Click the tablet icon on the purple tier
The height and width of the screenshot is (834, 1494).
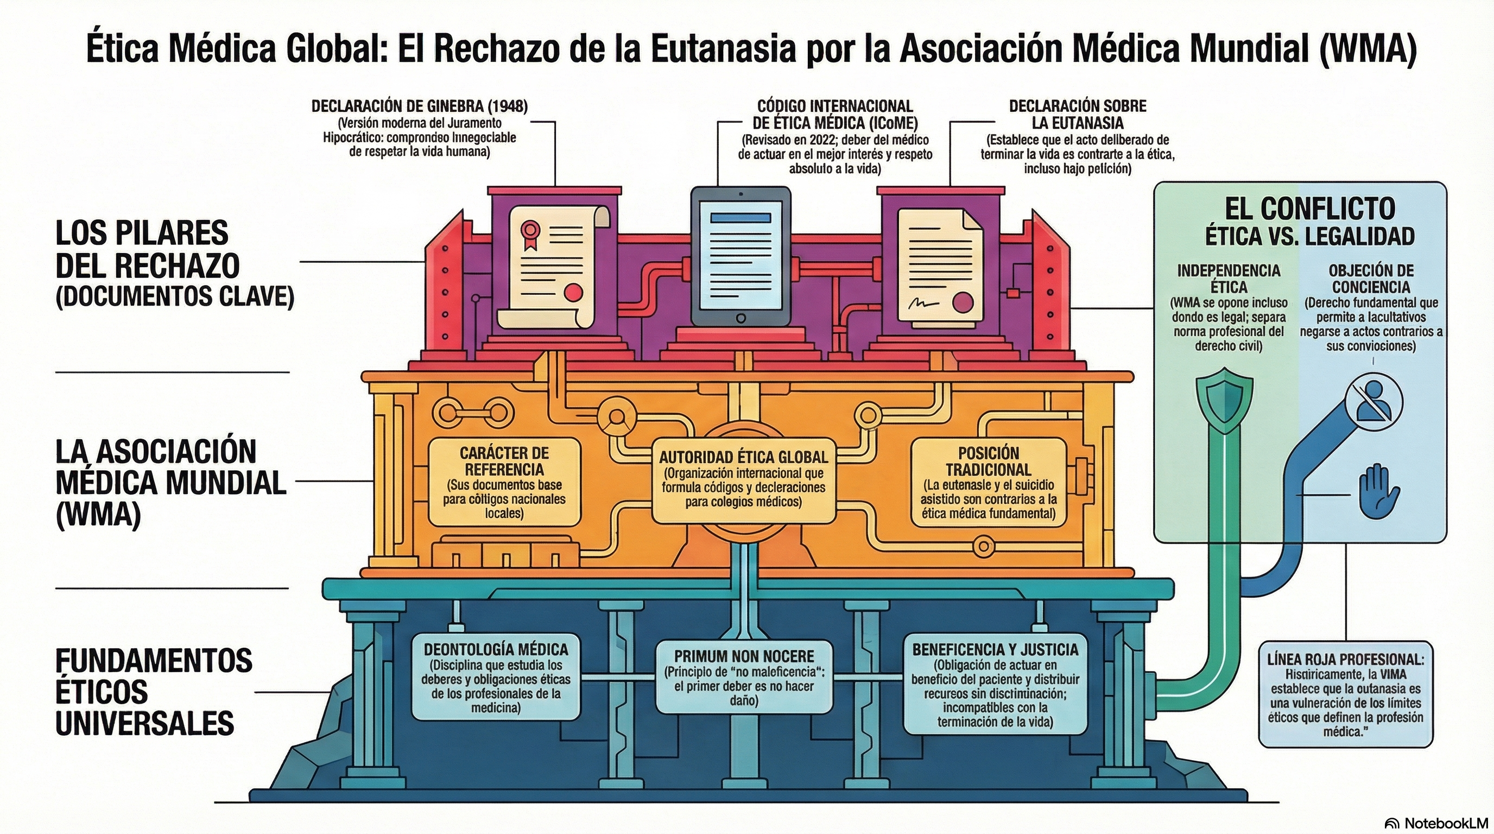[x=740, y=256]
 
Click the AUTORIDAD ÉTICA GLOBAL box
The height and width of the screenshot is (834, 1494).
[x=744, y=480]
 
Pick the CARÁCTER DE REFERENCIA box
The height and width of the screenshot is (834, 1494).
[x=504, y=482]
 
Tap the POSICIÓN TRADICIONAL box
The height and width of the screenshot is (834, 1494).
[x=988, y=482]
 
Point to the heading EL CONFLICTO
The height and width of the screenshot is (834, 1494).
[x=1309, y=209]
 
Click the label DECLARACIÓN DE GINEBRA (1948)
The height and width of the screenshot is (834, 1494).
[x=419, y=106]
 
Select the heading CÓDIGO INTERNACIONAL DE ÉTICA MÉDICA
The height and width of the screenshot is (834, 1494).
[x=835, y=114]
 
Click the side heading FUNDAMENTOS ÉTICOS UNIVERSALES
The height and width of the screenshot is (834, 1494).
[x=154, y=691]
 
